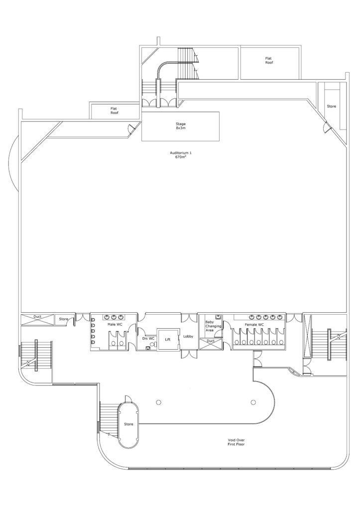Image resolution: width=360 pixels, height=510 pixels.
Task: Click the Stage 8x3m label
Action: point(180,126)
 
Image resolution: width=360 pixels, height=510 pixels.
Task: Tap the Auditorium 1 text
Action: point(179,152)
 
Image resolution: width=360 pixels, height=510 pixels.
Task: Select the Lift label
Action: point(168,340)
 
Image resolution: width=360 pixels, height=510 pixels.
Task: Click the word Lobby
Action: point(188,336)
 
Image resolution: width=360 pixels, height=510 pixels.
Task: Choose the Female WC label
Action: point(254,325)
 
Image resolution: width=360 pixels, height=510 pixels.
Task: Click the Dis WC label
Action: point(148,338)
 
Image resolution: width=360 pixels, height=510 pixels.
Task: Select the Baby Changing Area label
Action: point(213,326)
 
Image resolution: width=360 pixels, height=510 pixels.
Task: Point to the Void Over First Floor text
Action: point(236,442)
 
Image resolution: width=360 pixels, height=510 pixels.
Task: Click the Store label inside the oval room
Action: point(128,424)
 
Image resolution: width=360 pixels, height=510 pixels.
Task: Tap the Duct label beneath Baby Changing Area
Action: point(211,341)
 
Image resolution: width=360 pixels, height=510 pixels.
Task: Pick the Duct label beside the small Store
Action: point(37,316)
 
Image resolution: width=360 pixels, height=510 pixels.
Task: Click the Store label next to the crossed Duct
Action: point(63,319)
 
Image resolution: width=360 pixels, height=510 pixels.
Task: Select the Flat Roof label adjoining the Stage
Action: point(114,111)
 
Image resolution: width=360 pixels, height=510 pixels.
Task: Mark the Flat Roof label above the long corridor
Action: point(268,60)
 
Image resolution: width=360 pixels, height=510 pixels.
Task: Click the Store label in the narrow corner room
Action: point(332,107)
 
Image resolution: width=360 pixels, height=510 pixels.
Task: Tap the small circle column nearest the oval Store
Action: point(158,402)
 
